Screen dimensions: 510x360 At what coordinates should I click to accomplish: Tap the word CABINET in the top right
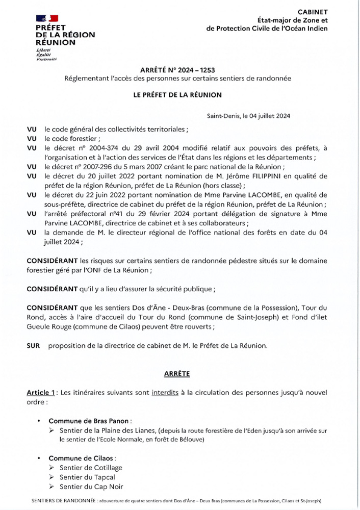[314, 12]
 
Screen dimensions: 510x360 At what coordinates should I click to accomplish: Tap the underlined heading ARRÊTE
[177, 374]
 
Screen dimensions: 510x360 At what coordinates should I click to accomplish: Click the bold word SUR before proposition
[33, 346]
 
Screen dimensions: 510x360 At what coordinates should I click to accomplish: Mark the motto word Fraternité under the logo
[46, 60]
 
